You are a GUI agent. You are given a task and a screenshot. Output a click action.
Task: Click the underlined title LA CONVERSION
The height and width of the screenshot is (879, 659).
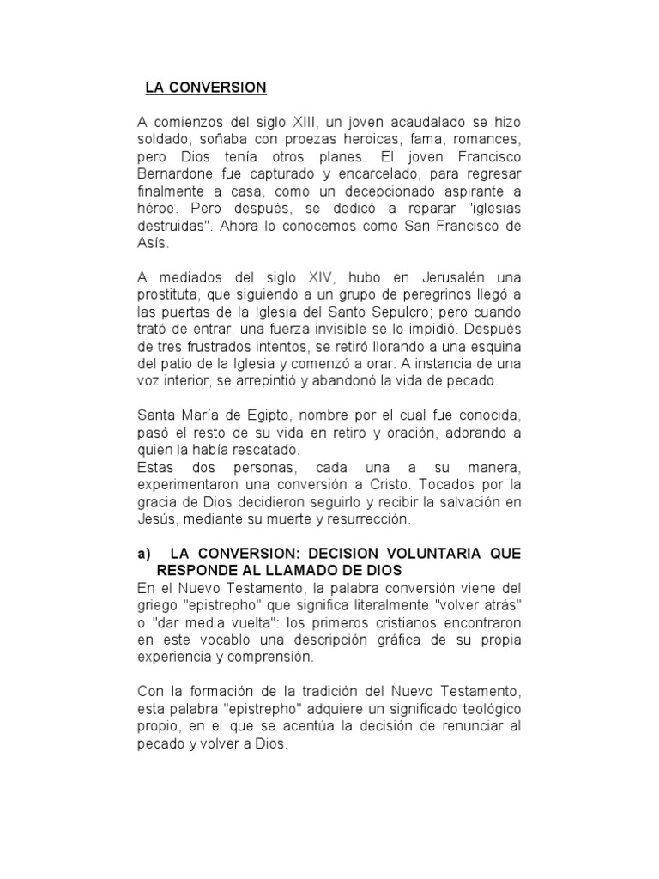(206, 88)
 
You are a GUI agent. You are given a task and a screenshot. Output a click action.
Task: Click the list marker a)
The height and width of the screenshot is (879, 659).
(145, 554)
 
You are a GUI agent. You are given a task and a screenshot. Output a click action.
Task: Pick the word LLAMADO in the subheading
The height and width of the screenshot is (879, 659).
(287, 570)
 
